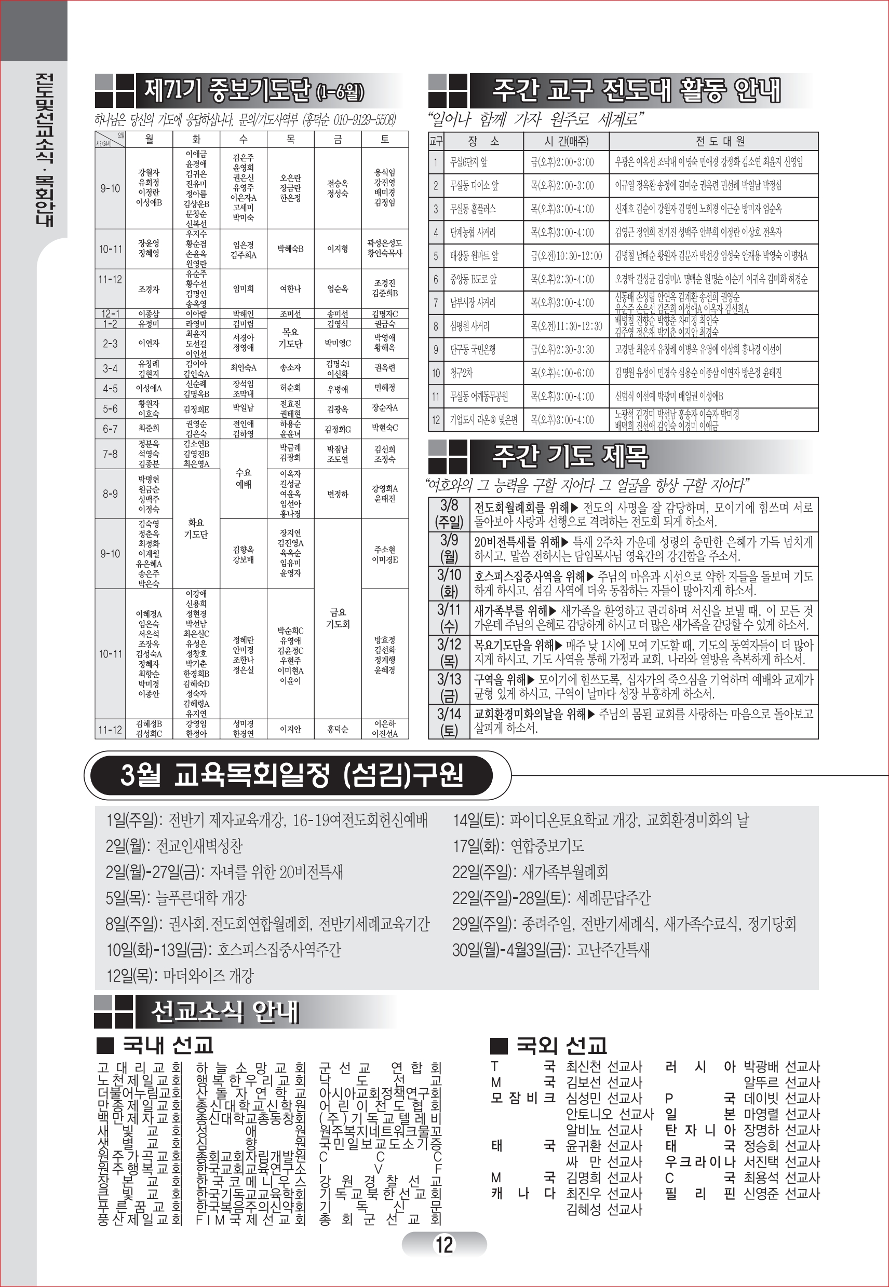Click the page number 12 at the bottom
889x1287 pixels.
[444, 1244]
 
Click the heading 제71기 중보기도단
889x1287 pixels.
[254, 90]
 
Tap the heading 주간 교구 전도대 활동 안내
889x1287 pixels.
[636, 90]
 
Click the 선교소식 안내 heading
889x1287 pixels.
[225, 1011]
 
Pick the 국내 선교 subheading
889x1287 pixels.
[167, 1045]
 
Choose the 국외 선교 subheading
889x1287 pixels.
[561, 1045]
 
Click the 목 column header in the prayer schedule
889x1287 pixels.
[290, 139]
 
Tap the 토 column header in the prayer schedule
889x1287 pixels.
[384, 139]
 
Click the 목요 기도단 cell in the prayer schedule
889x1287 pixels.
[290, 338]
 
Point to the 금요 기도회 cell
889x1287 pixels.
[338, 619]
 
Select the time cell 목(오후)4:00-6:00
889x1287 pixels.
[562, 373]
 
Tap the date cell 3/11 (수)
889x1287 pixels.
[449, 618]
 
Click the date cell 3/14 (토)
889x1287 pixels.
[449, 722]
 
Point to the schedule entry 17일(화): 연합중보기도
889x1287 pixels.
[518, 846]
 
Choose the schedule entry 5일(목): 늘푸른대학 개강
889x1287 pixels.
[176, 897]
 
